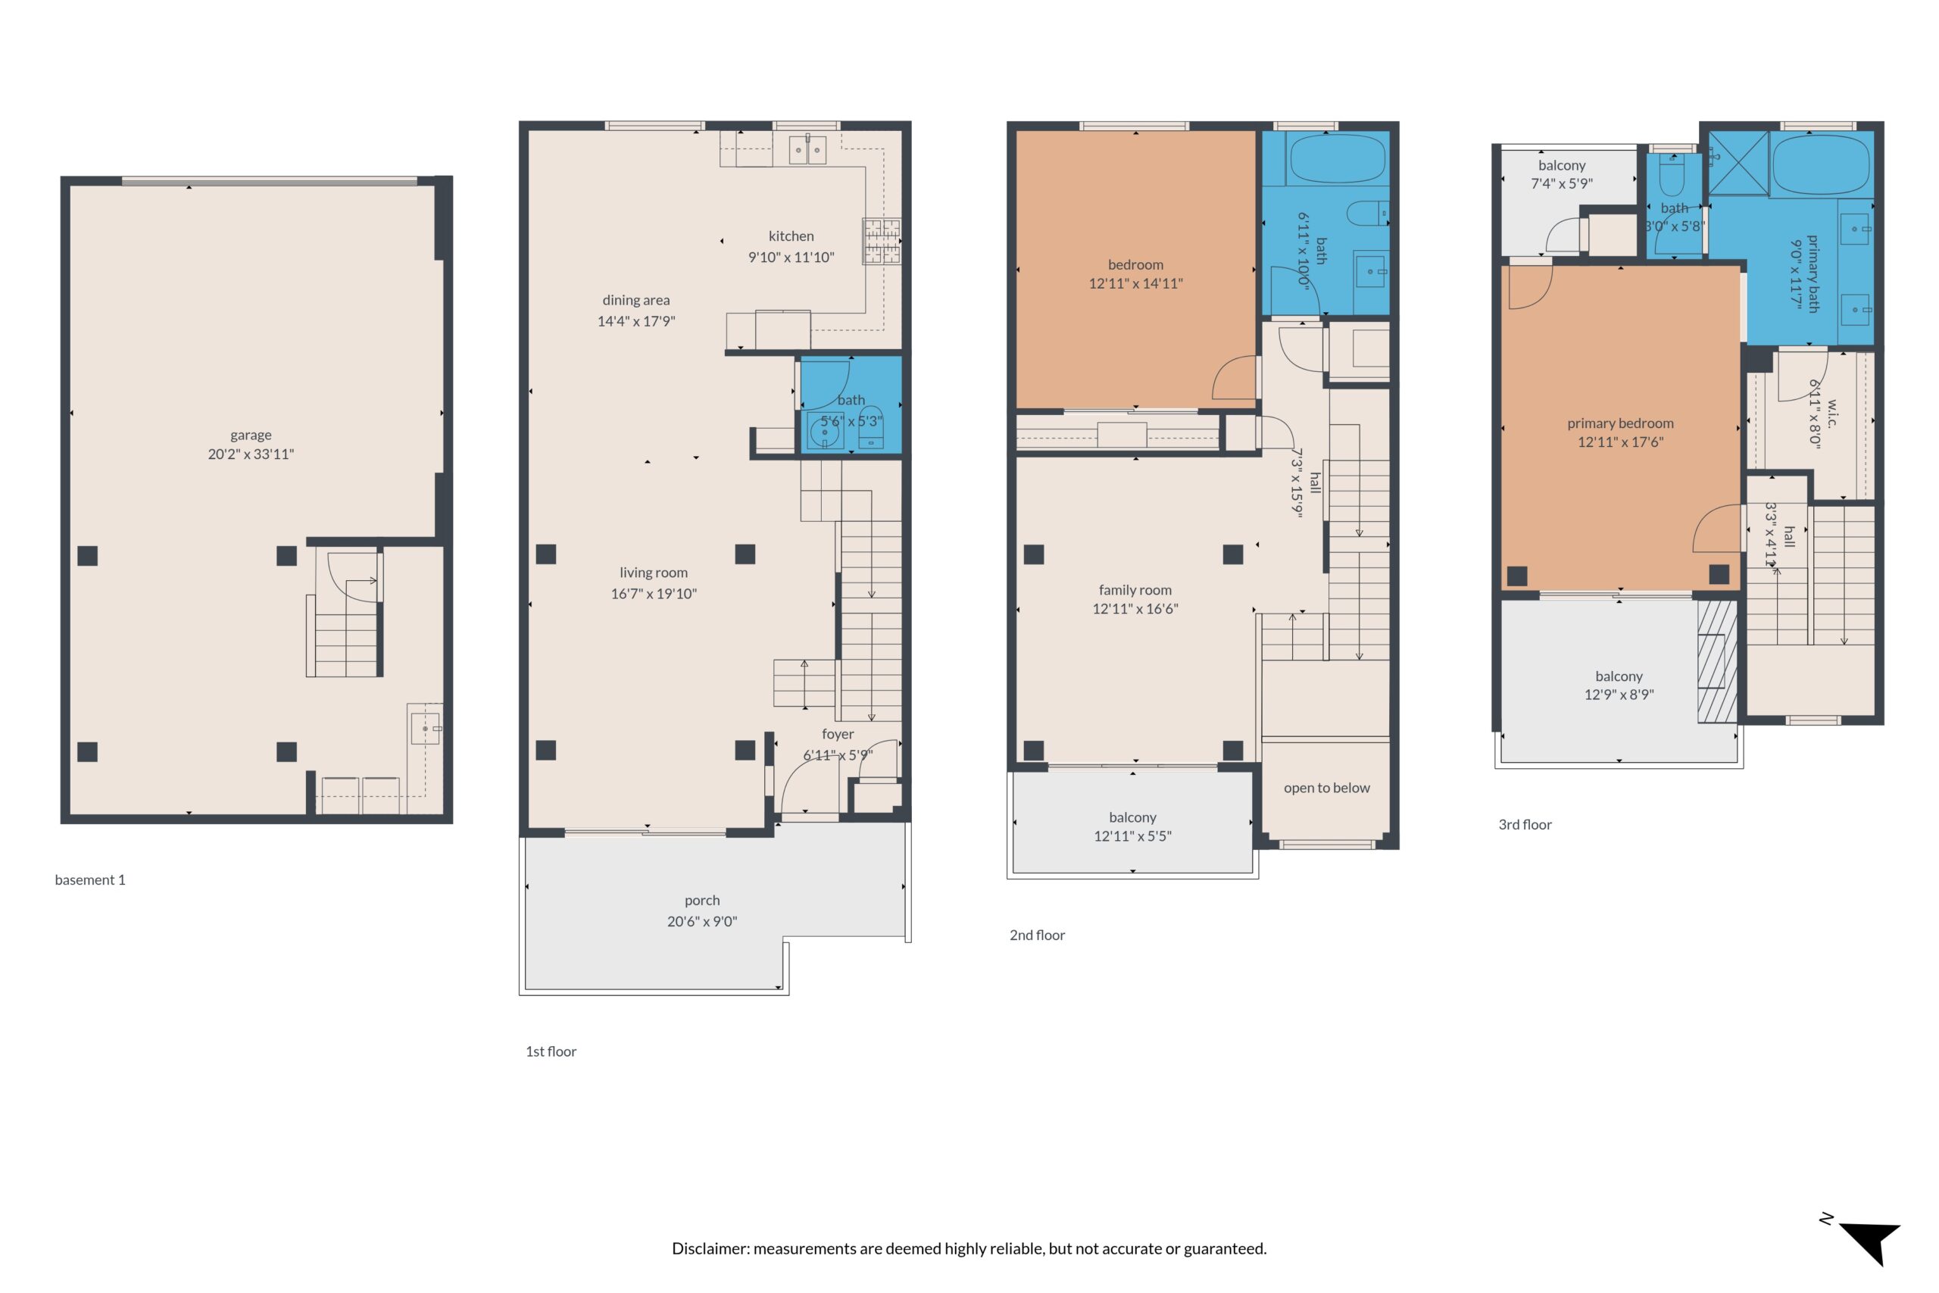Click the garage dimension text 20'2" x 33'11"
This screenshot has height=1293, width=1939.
(x=251, y=454)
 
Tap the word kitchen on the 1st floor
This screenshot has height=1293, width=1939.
(x=791, y=236)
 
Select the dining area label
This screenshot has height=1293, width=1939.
(x=635, y=300)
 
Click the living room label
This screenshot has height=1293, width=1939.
(x=653, y=573)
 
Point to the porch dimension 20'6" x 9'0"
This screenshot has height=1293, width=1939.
(x=701, y=921)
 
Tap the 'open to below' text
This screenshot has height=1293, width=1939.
(x=1326, y=788)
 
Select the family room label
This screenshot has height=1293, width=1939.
(x=1135, y=589)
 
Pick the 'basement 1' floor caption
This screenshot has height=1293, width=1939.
(x=90, y=880)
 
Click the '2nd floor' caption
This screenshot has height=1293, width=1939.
(x=1037, y=935)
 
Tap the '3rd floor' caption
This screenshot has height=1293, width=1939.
(x=1525, y=825)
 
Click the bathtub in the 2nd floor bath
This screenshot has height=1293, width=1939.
(x=1337, y=158)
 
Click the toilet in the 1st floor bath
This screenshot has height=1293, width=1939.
(x=870, y=427)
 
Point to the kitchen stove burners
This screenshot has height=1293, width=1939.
(x=882, y=241)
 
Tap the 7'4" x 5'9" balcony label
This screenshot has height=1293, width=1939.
(x=1561, y=183)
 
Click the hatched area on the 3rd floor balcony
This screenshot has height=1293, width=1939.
(x=1717, y=661)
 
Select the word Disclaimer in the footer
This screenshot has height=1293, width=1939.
(x=710, y=1248)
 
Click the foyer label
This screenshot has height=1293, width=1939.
(x=838, y=734)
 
